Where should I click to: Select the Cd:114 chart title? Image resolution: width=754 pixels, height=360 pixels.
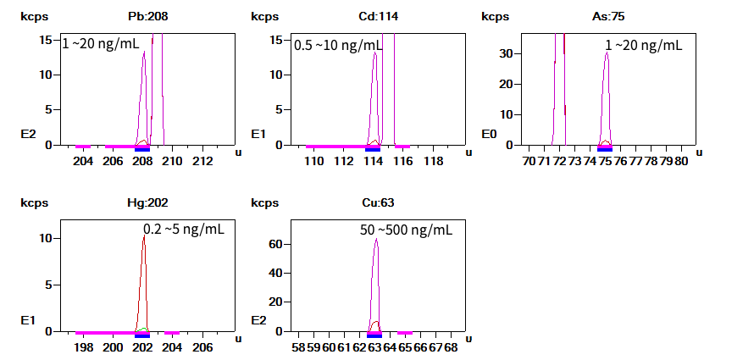[x=374, y=16]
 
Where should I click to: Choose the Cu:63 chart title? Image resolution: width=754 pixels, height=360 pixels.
[x=374, y=203]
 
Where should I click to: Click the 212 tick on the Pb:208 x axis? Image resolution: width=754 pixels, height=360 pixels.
[x=202, y=161]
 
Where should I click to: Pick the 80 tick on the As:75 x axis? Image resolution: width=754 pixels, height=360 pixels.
[x=681, y=161]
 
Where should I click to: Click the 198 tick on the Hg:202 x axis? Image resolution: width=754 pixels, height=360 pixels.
[x=83, y=347]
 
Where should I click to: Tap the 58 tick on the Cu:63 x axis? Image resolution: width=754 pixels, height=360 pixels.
[x=298, y=347]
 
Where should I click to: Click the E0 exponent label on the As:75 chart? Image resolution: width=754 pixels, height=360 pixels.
[x=490, y=134]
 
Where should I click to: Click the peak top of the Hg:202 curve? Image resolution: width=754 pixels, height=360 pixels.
[x=143, y=235]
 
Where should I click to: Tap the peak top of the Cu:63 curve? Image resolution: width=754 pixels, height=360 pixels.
[x=375, y=240]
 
